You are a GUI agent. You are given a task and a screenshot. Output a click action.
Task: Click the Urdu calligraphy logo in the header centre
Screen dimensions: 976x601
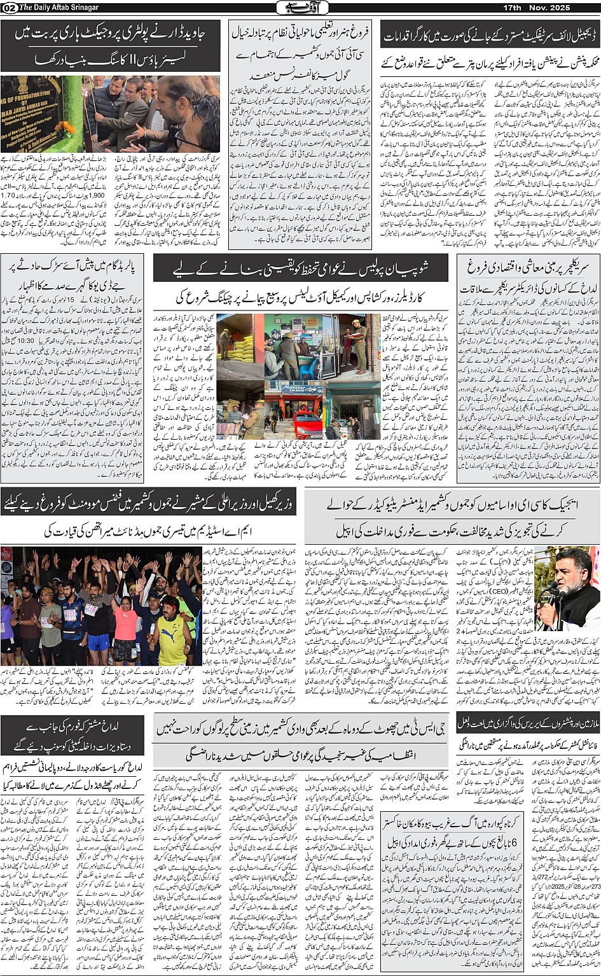pos(300,8)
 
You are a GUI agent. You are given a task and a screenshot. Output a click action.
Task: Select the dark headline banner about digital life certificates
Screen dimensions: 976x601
pos(490,35)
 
